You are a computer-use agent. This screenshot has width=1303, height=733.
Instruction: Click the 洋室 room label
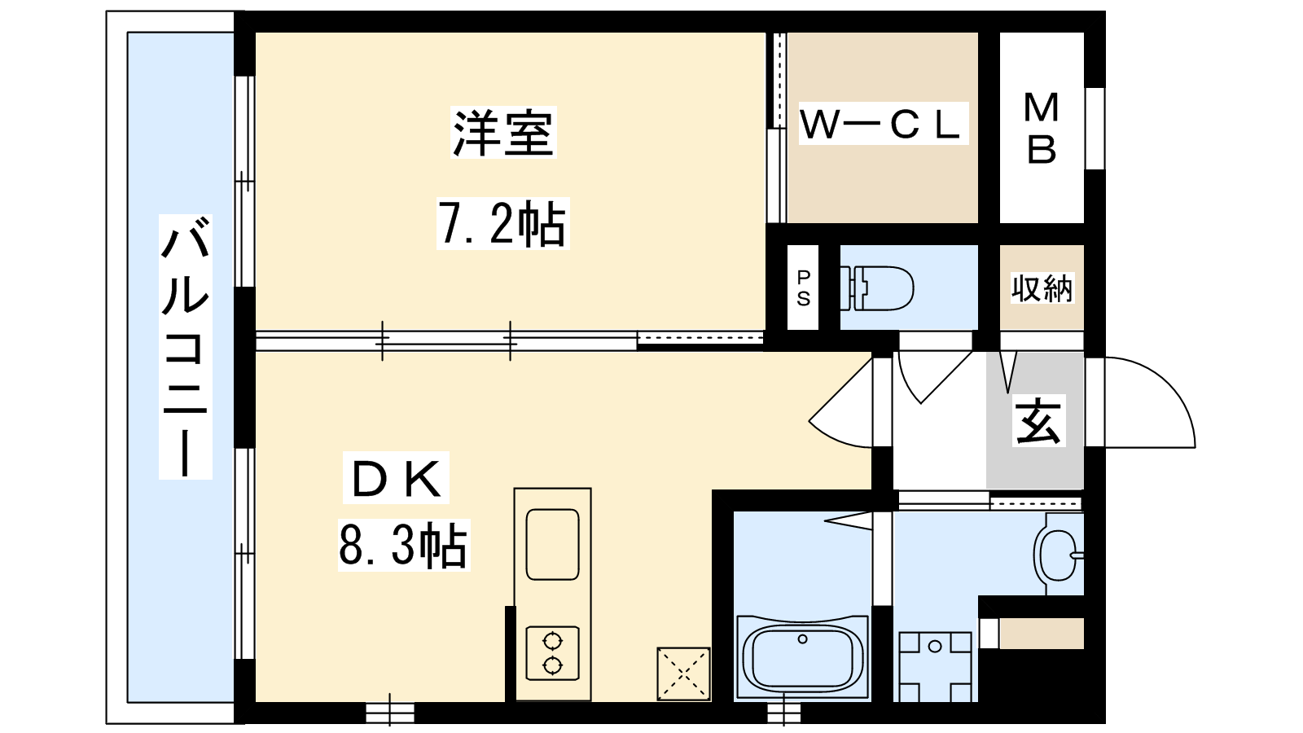[503, 132]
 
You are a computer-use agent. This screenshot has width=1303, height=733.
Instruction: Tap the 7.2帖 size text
[502, 224]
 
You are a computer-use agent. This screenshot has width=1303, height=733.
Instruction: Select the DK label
[396, 477]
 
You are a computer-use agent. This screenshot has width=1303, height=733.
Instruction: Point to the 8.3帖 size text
[404, 545]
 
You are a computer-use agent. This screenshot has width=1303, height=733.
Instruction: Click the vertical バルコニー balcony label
[186, 347]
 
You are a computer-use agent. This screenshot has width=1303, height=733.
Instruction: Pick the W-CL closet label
[883, 123]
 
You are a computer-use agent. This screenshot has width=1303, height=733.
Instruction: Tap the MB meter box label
[1042, 129]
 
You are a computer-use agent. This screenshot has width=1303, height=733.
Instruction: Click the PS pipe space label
[803, 287]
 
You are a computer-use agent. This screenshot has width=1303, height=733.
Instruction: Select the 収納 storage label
[1042, 288]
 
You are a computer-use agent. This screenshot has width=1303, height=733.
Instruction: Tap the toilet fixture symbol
[876, 288]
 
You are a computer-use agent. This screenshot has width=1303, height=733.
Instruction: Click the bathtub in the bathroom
[803, 657]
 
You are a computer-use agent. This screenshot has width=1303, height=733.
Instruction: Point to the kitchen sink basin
[553, 545]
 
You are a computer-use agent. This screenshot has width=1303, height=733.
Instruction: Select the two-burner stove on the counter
[553, 653]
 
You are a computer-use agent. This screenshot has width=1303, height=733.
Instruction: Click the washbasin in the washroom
[1059, 555]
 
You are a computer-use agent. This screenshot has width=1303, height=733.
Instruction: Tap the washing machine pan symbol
[936, 667]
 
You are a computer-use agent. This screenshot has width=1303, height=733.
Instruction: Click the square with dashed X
[683, 674]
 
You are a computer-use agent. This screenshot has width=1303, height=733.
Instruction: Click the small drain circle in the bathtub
[803, 639]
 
